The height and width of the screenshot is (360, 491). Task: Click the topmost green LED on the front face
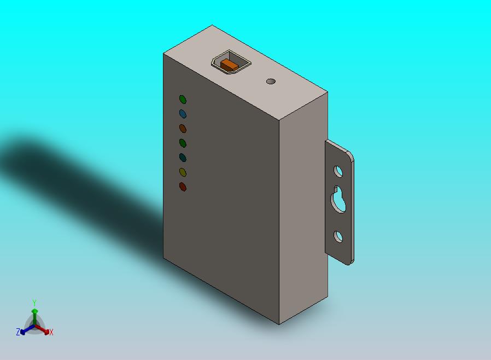tap(183, 100)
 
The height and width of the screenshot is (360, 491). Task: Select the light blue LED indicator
tap(183, 114)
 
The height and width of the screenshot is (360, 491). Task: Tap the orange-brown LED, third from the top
tap(183, 129)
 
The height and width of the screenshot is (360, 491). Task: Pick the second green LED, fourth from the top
tap(183, 143)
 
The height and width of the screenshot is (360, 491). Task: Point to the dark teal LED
tap(183, 158)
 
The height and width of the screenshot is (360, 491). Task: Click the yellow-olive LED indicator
tap(183, 172)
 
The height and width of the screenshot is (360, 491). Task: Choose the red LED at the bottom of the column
tap(183, 187)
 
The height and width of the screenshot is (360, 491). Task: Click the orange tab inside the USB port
tap(229, 65)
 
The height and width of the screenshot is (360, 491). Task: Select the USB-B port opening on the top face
tap(230, 62)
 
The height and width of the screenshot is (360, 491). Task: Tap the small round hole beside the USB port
tap(271, 82)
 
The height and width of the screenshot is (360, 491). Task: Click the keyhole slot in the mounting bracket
tap(338, 200)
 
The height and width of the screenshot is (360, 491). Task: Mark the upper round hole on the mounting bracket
tap(338, 172)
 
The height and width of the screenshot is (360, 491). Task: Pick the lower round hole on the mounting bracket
tap(338, 236)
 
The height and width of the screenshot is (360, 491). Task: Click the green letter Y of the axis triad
tap(34, 303)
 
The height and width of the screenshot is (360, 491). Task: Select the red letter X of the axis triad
tap(51, 332)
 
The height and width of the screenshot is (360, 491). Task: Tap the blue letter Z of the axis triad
tap(18, 332)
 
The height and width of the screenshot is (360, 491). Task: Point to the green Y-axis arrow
tap(34, 315)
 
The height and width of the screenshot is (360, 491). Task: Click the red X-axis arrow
tap(45, 330)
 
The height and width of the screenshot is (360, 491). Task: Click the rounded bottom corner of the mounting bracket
tap(349, 262)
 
